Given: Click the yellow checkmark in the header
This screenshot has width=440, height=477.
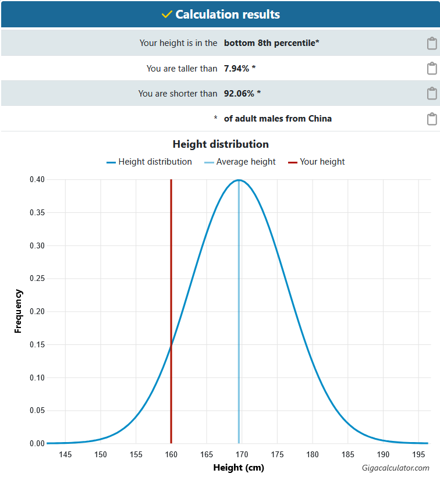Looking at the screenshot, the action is tap(167, 15).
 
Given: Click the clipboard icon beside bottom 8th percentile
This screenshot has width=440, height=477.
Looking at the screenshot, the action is tap(432, 43).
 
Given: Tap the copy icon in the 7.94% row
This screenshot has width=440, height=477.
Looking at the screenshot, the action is tap(432, 69).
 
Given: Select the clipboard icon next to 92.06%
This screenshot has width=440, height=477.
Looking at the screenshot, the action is tap(432, 94).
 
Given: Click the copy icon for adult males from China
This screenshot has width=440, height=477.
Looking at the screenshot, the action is tap(432, 119).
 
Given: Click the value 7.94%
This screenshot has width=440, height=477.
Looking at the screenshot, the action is tap(236, 69).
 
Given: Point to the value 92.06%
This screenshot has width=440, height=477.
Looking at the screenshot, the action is tap(239, 94).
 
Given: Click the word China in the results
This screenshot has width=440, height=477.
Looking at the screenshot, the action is tap(320, 118).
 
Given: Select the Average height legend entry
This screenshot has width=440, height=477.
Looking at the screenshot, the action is tap(240, 162).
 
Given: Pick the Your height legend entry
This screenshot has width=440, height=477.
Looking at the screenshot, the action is tap(316, 162).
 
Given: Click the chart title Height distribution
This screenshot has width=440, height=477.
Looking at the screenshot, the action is tap(221, 144).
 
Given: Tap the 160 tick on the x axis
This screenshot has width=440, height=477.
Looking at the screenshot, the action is tap(171, 454).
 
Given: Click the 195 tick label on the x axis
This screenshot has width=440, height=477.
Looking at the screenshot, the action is tap(418, 454).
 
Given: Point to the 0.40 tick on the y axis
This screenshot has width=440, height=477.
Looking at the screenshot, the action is tap(37, 180).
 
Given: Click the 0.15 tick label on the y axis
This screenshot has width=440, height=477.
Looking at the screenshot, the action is tap(37, 345).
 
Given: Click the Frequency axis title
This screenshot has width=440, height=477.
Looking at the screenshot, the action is tap(18, 311).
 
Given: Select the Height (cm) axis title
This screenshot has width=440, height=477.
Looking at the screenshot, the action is tap(239, 468).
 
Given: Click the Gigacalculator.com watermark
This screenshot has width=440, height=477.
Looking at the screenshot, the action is tap(395, 468).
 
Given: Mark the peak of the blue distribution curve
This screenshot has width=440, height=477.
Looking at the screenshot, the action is tap(239, 180).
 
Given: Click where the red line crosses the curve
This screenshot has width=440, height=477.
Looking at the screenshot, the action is tap(171, 345).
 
